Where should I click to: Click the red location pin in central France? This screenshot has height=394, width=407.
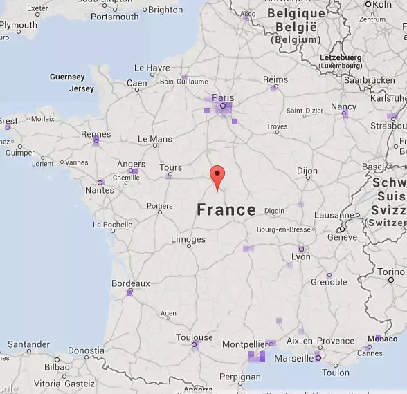(x=217, y=176)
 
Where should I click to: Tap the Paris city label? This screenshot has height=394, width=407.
(x=223, y=98)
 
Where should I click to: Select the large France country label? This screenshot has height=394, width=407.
(x=226, y=210)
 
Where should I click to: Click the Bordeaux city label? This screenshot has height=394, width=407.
(x=130, y=283)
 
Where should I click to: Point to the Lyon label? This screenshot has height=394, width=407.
(x=301, y=256)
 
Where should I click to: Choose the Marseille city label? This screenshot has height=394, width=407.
(x=293, y=358)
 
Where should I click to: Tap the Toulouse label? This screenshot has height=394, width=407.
(x=195, y=337)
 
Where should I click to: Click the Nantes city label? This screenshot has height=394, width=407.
(x=100, y=190)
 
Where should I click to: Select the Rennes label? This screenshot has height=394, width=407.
(x=96, y=135)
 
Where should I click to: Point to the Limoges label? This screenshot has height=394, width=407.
(x=188, y=239)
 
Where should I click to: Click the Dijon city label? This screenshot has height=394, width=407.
(x=307, y=171)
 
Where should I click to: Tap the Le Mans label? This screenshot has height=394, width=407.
(x=155, y=139)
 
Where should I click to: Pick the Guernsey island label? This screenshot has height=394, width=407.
(x=67, y=77)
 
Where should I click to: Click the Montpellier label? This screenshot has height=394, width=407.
(x=244, y=344)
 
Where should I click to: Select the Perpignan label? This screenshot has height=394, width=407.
(x=239, y=377)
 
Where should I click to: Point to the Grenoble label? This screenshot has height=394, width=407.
(x=329, y=282)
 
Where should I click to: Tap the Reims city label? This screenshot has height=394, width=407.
(x=275, y=80)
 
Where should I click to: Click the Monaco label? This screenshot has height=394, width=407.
(x=382, y=339)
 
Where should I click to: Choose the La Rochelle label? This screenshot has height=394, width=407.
(x=112, y=225)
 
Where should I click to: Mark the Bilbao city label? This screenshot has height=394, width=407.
(x=57, y=367)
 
